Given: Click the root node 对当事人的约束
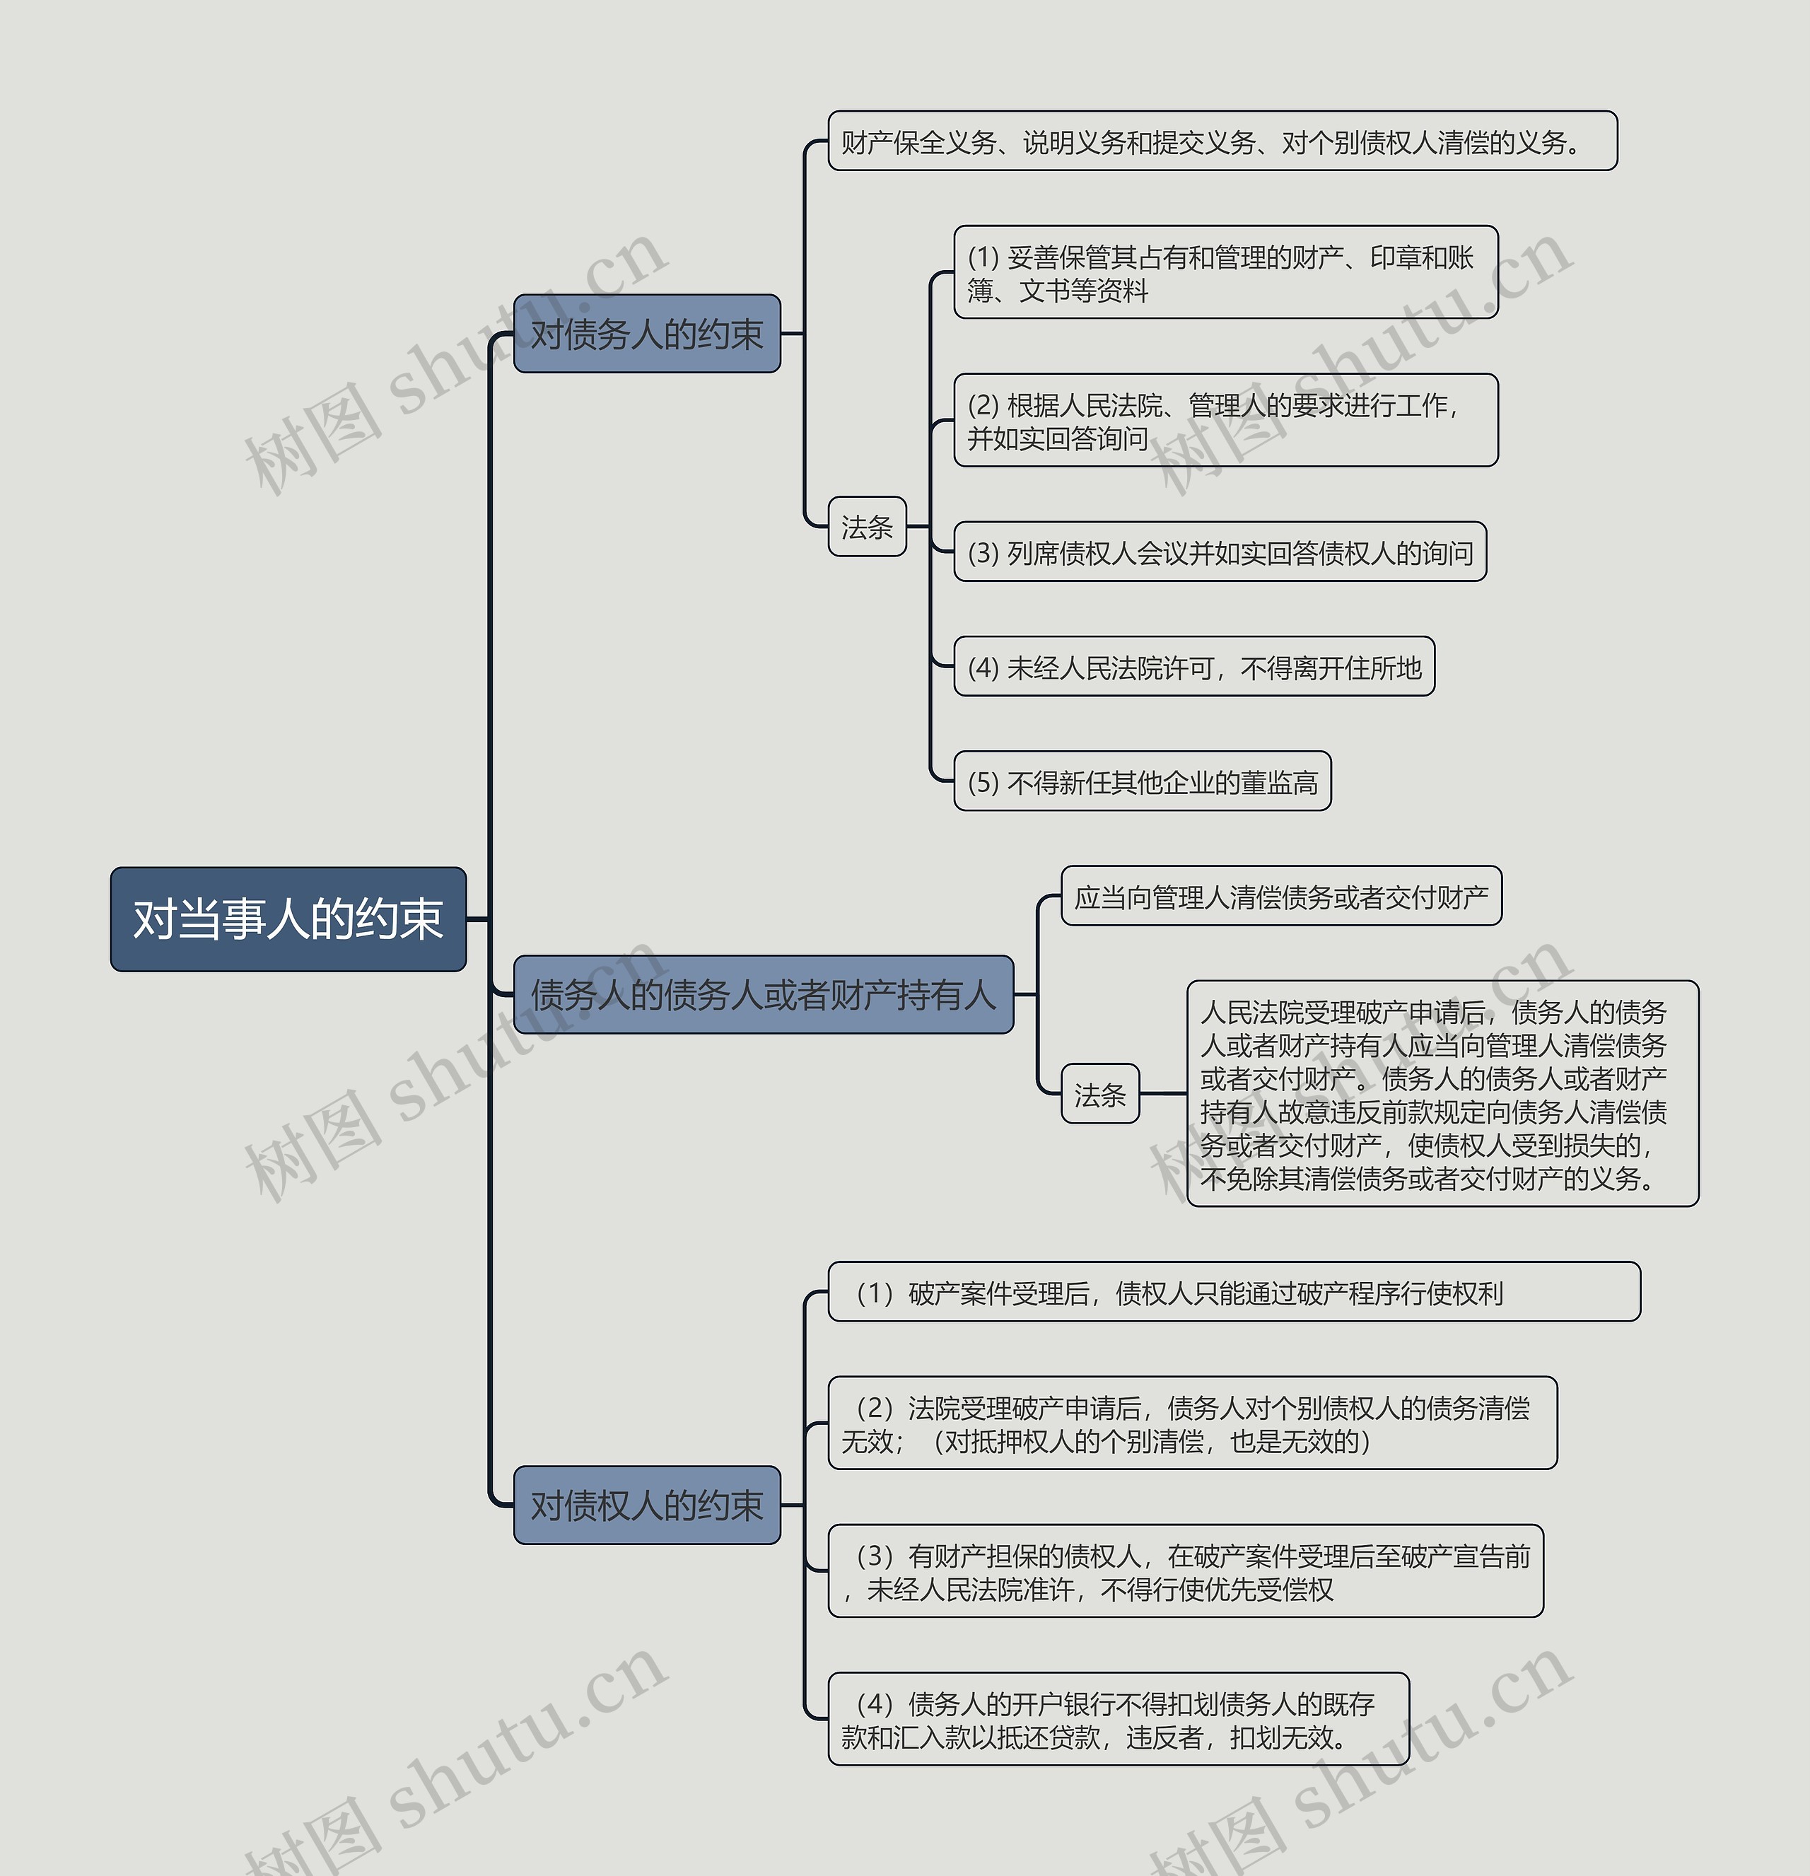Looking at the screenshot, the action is (x=288, y=919).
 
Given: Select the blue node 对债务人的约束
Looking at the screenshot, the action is (x=647, y=333).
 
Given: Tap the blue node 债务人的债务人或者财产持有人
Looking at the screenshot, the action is (x=763, y=994).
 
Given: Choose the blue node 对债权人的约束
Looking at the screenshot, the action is (x=647, y=1505).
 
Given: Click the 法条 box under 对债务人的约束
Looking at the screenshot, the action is (x=866, y=526).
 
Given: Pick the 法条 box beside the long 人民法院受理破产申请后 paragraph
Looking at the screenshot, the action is (x=1099, y=1093).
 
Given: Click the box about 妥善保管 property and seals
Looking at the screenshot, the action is (x=1225, y=273).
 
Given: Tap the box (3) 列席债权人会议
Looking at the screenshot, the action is (x=1220, y=552).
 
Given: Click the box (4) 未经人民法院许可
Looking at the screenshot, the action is (x=1193, y=667).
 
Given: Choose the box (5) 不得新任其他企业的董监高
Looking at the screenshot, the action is (x=1142, y=782).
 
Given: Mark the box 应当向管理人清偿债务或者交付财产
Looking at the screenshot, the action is (x=1280, y=897).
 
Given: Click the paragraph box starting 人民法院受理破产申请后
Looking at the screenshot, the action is (x=1442, y=1093).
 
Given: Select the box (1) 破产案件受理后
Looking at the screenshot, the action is (x=1233, y=1292).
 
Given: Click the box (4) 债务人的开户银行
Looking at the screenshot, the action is (x=1118, y=1719).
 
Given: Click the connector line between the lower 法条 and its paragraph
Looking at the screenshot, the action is (x=1163, y=1093).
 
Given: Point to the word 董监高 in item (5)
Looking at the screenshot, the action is (x=1280, y=783).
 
